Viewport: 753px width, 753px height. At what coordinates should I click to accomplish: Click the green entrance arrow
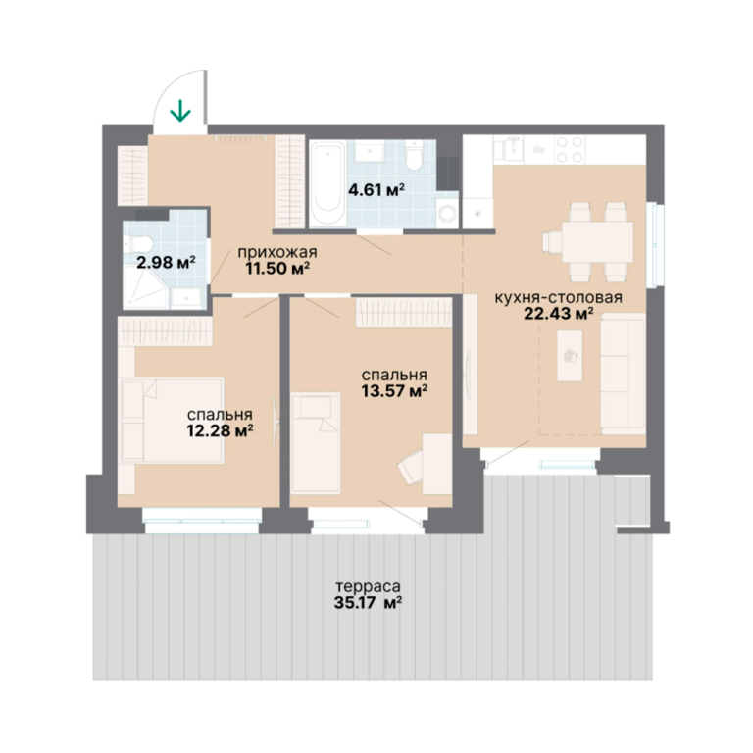[x=180, y=110]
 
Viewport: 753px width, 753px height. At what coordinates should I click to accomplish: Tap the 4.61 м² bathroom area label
[x=376, y=190]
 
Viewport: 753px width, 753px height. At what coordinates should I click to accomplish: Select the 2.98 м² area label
[x=166, y=262]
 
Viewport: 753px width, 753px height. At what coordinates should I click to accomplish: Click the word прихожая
[x=277, y=252]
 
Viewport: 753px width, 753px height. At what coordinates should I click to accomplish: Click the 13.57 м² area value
[x=395, y=391]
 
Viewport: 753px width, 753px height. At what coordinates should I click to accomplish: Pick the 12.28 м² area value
[x=221, y=430]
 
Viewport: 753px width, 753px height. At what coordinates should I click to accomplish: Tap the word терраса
[x=368, y=586]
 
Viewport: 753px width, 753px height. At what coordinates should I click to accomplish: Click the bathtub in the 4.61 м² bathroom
[x=327, y=183]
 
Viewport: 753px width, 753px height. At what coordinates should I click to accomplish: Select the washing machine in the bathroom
[x=447, y=211]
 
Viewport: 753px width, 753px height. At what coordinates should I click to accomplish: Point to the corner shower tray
[x=145, y=287]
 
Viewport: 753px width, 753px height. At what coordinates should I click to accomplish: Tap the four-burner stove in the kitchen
[x=569, y=149]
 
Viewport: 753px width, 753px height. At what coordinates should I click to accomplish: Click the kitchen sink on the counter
[x=510, y=149]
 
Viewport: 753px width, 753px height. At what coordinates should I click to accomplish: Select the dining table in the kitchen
[x=598, y=241]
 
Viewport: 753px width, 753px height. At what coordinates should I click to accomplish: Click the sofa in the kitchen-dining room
[x=623, y=374]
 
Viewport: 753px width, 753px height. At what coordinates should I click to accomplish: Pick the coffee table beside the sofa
[x=570, y=356]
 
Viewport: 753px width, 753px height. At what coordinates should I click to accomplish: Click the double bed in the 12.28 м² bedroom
[x=173, y=421]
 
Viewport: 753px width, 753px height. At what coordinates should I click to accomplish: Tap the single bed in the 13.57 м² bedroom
[x=316, y=443]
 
